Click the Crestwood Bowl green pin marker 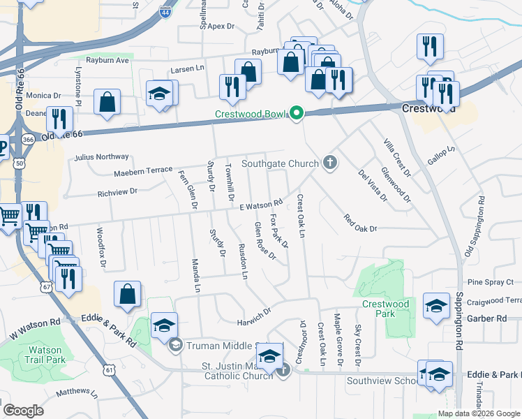pyautogui.click(x=297, y=112)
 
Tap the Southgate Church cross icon pyautogui.click(x=329, y=163)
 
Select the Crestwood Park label pyautogui.click(x=385, y=309)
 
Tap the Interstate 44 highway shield pyautogui.click(x=165, y=12)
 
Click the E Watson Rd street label pyautogui.click(x=260, y=204)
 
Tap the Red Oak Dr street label pyautogui.click(x=360, y=223)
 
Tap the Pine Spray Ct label pyautogui.click(x=491, y=282)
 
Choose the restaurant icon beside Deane pyautogui.click(x=59, y=120)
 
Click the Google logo pyautogui.click(x=24, y=411)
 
